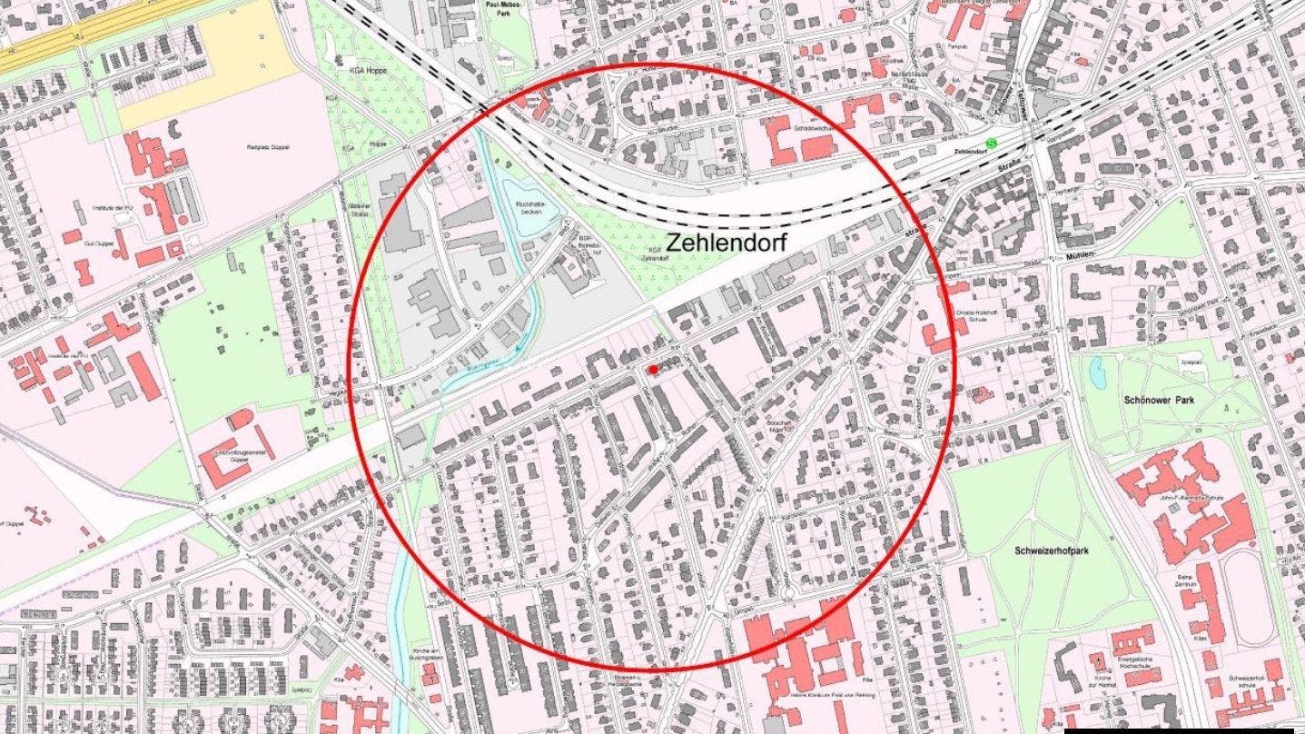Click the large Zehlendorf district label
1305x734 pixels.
726,243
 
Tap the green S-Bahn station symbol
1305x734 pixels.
992,142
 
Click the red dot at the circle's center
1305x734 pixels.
652,369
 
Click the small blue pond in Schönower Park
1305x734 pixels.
1098,372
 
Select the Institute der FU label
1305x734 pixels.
115,209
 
